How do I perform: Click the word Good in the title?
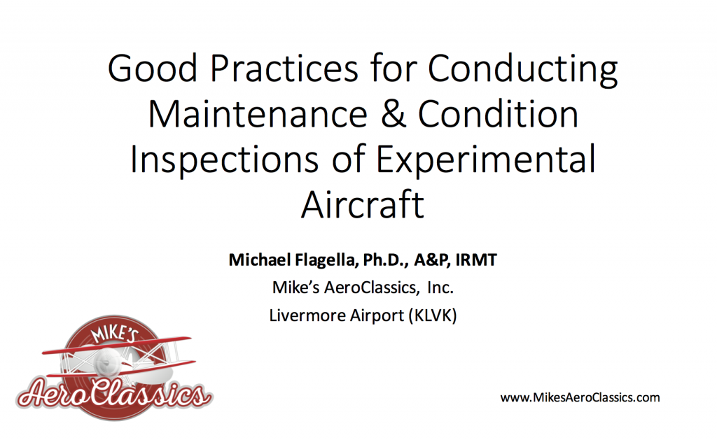point(152,69)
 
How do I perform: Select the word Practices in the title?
point(284,69)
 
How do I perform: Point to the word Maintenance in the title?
point(258,114)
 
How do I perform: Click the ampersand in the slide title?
point(394,114)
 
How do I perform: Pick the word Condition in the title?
point(498,114)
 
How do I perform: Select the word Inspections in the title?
point(225,161)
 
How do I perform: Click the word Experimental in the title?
point(486,161)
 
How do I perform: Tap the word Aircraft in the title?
point(363,205)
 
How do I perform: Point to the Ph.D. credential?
point(386,260)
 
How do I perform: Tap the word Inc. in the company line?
point(440,288)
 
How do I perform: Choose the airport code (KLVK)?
point(433,315)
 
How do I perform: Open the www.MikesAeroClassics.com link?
point(580,397)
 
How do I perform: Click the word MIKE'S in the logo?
point(113,333)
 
